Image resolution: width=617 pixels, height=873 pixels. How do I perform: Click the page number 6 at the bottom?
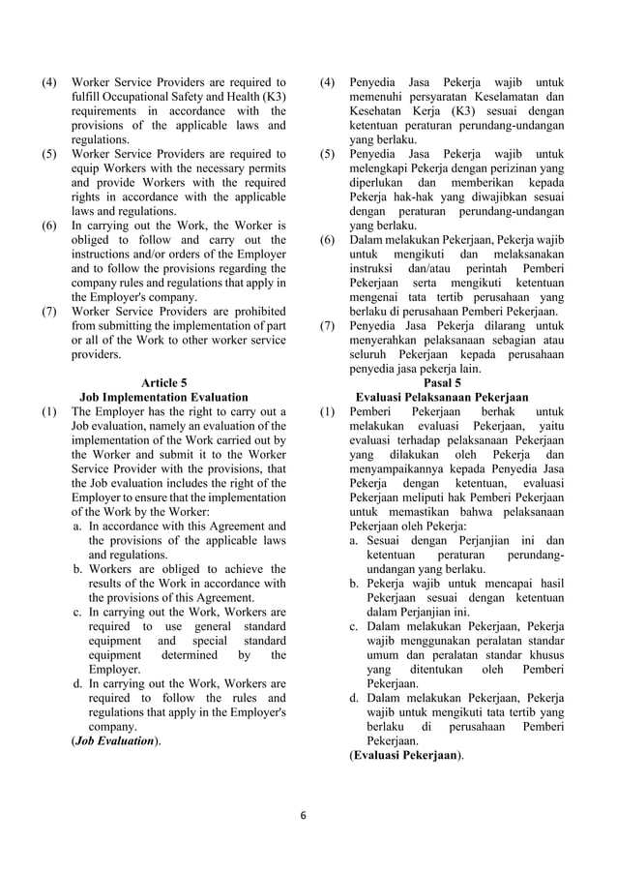pos(302,815)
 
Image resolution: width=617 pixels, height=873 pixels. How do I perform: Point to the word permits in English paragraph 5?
pos(262,169)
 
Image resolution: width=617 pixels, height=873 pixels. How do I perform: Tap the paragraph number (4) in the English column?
pos(49,82)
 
